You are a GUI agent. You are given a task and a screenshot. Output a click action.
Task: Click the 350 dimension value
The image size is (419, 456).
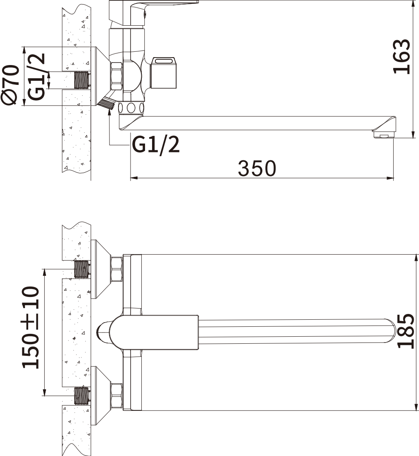coord(257,168)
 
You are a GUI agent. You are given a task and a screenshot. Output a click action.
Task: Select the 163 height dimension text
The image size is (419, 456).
coord(402,56)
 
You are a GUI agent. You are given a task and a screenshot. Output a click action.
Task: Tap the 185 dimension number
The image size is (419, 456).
coord(406,331)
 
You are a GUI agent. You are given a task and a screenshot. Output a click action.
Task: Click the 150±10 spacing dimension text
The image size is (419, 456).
coord(30,328)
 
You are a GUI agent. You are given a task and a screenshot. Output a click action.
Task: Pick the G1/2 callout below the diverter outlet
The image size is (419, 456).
coord(156,144)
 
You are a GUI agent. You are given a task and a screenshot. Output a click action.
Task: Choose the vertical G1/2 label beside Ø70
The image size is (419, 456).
coord(36,77)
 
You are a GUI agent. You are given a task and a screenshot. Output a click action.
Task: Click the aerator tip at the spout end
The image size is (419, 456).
coord(383,135)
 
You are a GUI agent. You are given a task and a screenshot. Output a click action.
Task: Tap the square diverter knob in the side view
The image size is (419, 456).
coord(164,73)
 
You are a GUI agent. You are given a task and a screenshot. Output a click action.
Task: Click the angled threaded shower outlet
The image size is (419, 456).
coord(107,103)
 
